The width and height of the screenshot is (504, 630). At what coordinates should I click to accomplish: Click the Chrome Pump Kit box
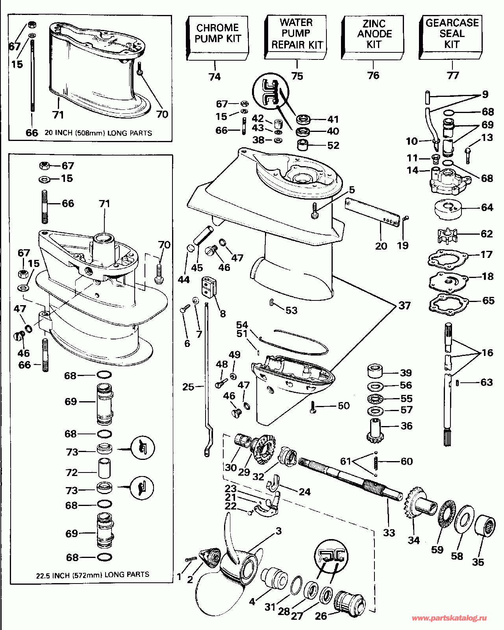point(217,38)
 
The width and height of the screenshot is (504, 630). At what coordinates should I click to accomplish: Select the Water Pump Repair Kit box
point(295,37)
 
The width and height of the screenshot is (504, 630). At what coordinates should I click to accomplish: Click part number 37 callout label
point(404,306)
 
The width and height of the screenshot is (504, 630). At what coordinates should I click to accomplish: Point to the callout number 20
point(381,246)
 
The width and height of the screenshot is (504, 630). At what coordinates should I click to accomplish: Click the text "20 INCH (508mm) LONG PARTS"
point(98,133)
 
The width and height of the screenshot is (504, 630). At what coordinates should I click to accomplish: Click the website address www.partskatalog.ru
point(449,618)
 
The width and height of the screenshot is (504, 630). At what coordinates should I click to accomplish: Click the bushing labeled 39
point(375,372)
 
